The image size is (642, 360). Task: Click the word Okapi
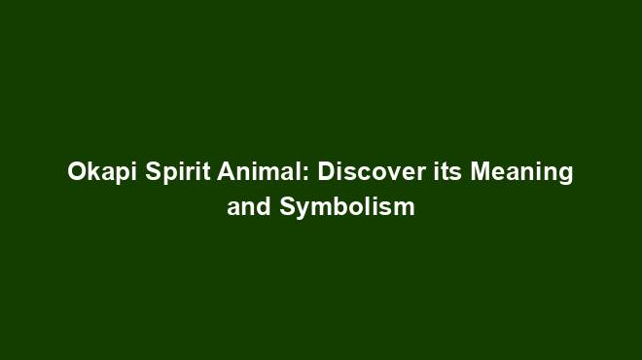[96, 173]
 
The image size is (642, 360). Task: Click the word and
[245, 207]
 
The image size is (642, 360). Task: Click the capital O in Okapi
[76, 173]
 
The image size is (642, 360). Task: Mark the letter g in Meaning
[565, 176]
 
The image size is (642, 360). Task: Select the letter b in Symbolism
[338, 207]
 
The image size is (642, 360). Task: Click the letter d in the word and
[257, 207]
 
